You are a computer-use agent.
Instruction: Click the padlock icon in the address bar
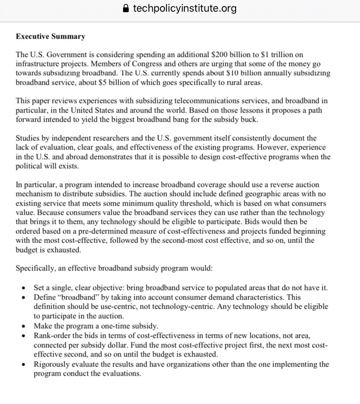(127, 9)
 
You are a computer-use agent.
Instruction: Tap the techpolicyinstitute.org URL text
(185, 9)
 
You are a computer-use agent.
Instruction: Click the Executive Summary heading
(50, 37)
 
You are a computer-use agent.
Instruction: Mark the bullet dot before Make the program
(23, 326)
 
